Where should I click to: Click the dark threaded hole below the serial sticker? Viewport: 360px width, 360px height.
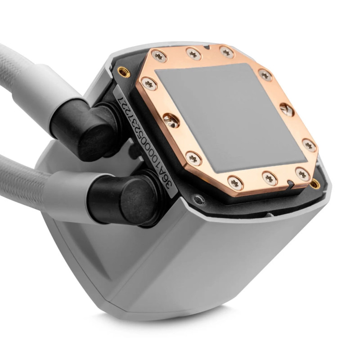tap(197, 198)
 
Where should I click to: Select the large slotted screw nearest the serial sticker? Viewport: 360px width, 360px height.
tap(170, 119)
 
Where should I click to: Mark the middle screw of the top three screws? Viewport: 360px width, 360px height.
tap(194, 54)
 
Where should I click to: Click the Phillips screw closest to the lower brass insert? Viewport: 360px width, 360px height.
tap(302, 173)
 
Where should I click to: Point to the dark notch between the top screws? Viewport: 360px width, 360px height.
tap(207, 47)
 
